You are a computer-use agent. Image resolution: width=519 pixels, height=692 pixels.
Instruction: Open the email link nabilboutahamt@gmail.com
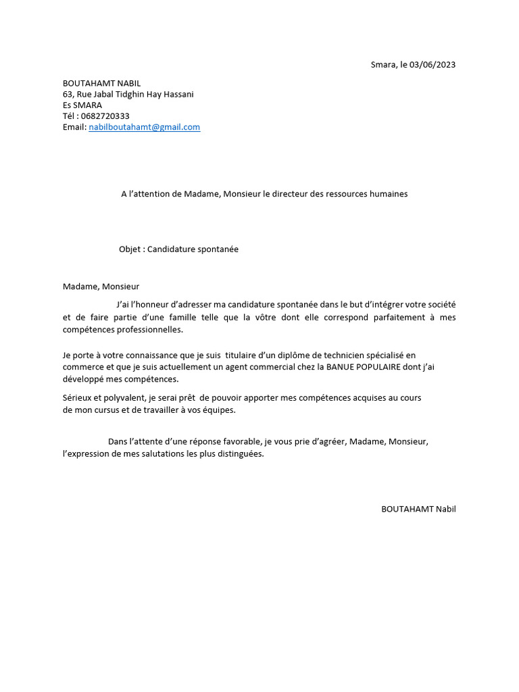[x=144, y=127]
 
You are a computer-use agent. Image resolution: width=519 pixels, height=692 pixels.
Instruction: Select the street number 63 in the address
[x=68, y=95]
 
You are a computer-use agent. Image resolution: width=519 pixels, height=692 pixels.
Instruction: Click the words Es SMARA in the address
[x=82, y=105]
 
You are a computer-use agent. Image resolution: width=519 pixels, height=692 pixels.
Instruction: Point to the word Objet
[x=130, y=249]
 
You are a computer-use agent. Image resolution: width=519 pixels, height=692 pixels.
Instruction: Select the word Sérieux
[x=78, y=398]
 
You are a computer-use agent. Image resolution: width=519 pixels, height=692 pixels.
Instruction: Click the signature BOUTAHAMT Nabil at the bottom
[x=418, y=509]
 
